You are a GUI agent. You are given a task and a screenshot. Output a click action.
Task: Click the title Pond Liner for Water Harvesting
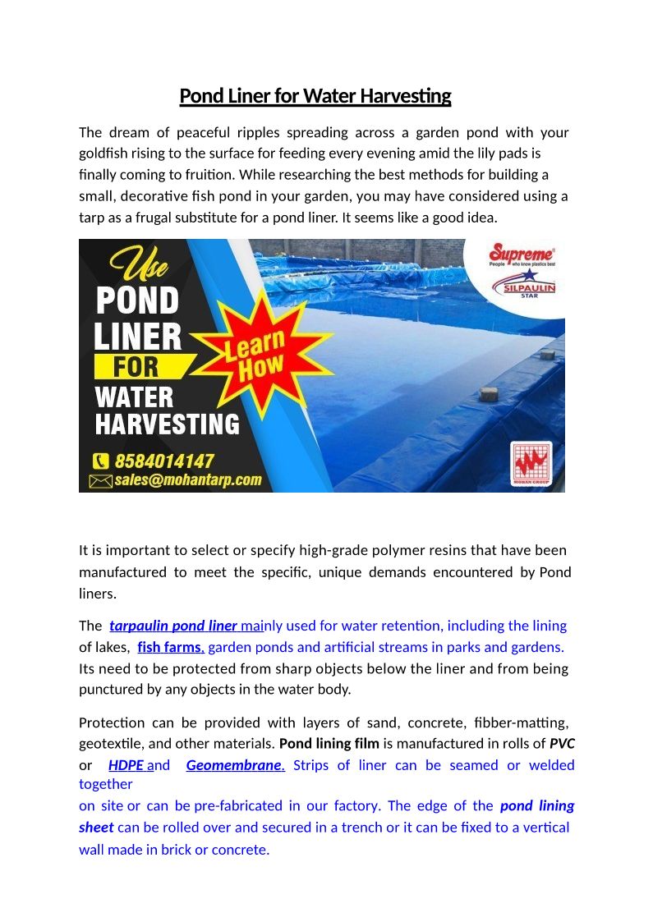click(x=315, y=96)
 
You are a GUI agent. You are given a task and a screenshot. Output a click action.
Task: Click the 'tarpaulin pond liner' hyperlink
click(x=173, y=626)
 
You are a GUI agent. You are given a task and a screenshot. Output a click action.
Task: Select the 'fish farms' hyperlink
click(x=171, y=647)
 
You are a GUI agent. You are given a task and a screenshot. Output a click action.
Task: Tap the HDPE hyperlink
click(x=126, y=765)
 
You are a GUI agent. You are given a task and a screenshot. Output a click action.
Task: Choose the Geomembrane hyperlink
click(x=235, y=765)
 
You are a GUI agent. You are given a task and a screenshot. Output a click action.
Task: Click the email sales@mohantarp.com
click(x=188, y=480)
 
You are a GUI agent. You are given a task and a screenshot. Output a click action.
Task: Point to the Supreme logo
click(x=522, y=255)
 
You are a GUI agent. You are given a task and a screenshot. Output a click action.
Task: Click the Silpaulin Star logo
click(x=524, y=285)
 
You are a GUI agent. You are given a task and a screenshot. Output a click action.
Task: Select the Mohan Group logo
click(x=531, y=462)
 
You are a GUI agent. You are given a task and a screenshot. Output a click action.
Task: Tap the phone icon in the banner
click(x=102, y=461)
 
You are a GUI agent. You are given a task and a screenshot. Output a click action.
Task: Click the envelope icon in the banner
click(x=100, y=481)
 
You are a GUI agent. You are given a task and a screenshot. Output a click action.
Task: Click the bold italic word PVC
click(x=562, y=744)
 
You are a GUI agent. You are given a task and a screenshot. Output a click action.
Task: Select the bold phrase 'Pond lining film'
click(x=329, y=744)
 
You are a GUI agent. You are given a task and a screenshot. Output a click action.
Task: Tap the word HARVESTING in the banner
click(x=167, y=424)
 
